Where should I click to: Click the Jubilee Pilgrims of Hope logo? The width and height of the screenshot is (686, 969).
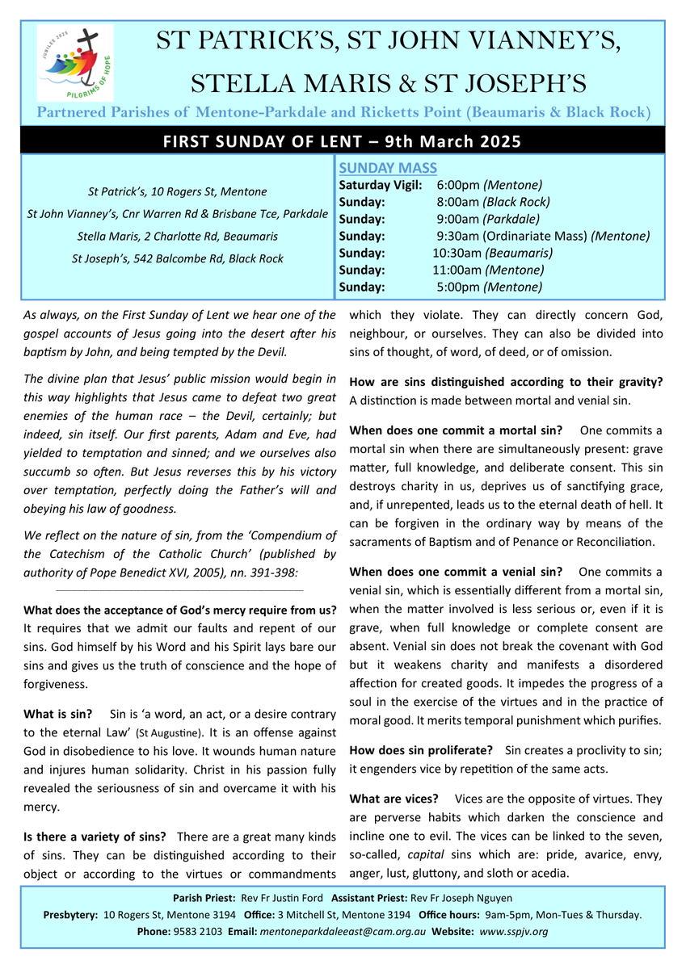[75, 63]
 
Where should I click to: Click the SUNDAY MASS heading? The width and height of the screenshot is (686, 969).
[388, 168]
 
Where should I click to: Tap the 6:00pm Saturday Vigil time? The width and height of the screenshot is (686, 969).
[466, 185]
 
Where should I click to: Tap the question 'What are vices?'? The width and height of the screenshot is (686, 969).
[394, 799]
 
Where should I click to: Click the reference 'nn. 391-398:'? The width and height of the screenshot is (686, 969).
[264, 572]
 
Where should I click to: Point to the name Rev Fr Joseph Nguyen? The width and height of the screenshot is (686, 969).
[461, 898]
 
